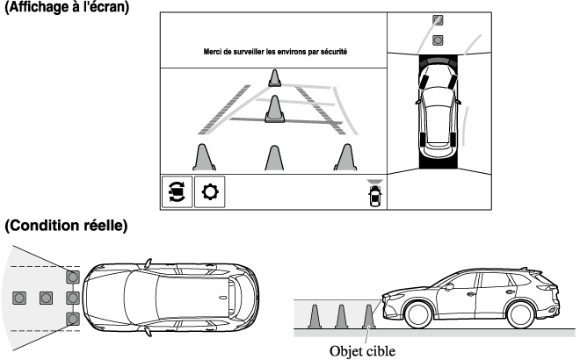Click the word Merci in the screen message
pyautogui.click(x=214, y=53)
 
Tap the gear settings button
pyautogui.click(x=209, y=191)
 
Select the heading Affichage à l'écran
pyautogui.click(x=67, y=7)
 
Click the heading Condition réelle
pyautogui.click(x=65, y=227)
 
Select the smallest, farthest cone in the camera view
pyautogui.click(x=275, y=78)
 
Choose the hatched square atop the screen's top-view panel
pyautogui.click(x=438, y=20)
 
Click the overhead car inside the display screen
pyautogui.click(x=438, y=110)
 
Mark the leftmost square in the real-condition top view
pyautogui.click(x=18, y=298)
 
